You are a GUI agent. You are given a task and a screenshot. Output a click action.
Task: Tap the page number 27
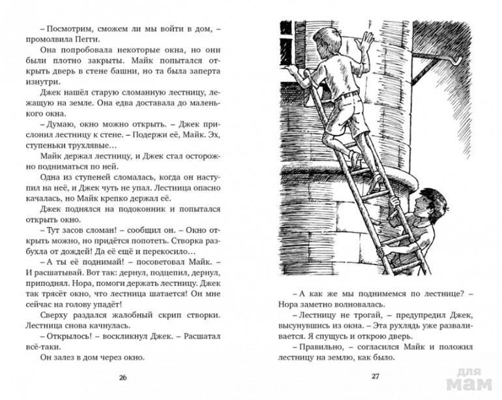pos(375,378)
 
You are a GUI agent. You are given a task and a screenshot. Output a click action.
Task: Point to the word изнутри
pos(45,82)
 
